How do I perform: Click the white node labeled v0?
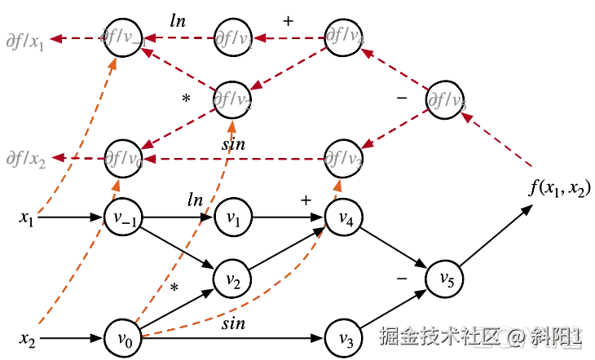coord(124,336)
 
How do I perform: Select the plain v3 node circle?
coord(344,336)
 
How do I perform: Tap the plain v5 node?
coord(445,279)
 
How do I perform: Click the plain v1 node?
coord(233,217)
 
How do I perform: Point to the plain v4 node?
coord(344,217)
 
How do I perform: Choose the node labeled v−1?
coord(124,217)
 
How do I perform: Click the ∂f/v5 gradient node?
coord(445,100)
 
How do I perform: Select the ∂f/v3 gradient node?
coord(344,156)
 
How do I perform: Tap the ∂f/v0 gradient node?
coord(124,156)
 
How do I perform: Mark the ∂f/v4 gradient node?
coord(344,37)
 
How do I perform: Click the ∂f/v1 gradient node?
coord(233,37)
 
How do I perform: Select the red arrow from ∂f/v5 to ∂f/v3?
coord(394,129)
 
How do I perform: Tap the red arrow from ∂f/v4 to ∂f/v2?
coord(289,68)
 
